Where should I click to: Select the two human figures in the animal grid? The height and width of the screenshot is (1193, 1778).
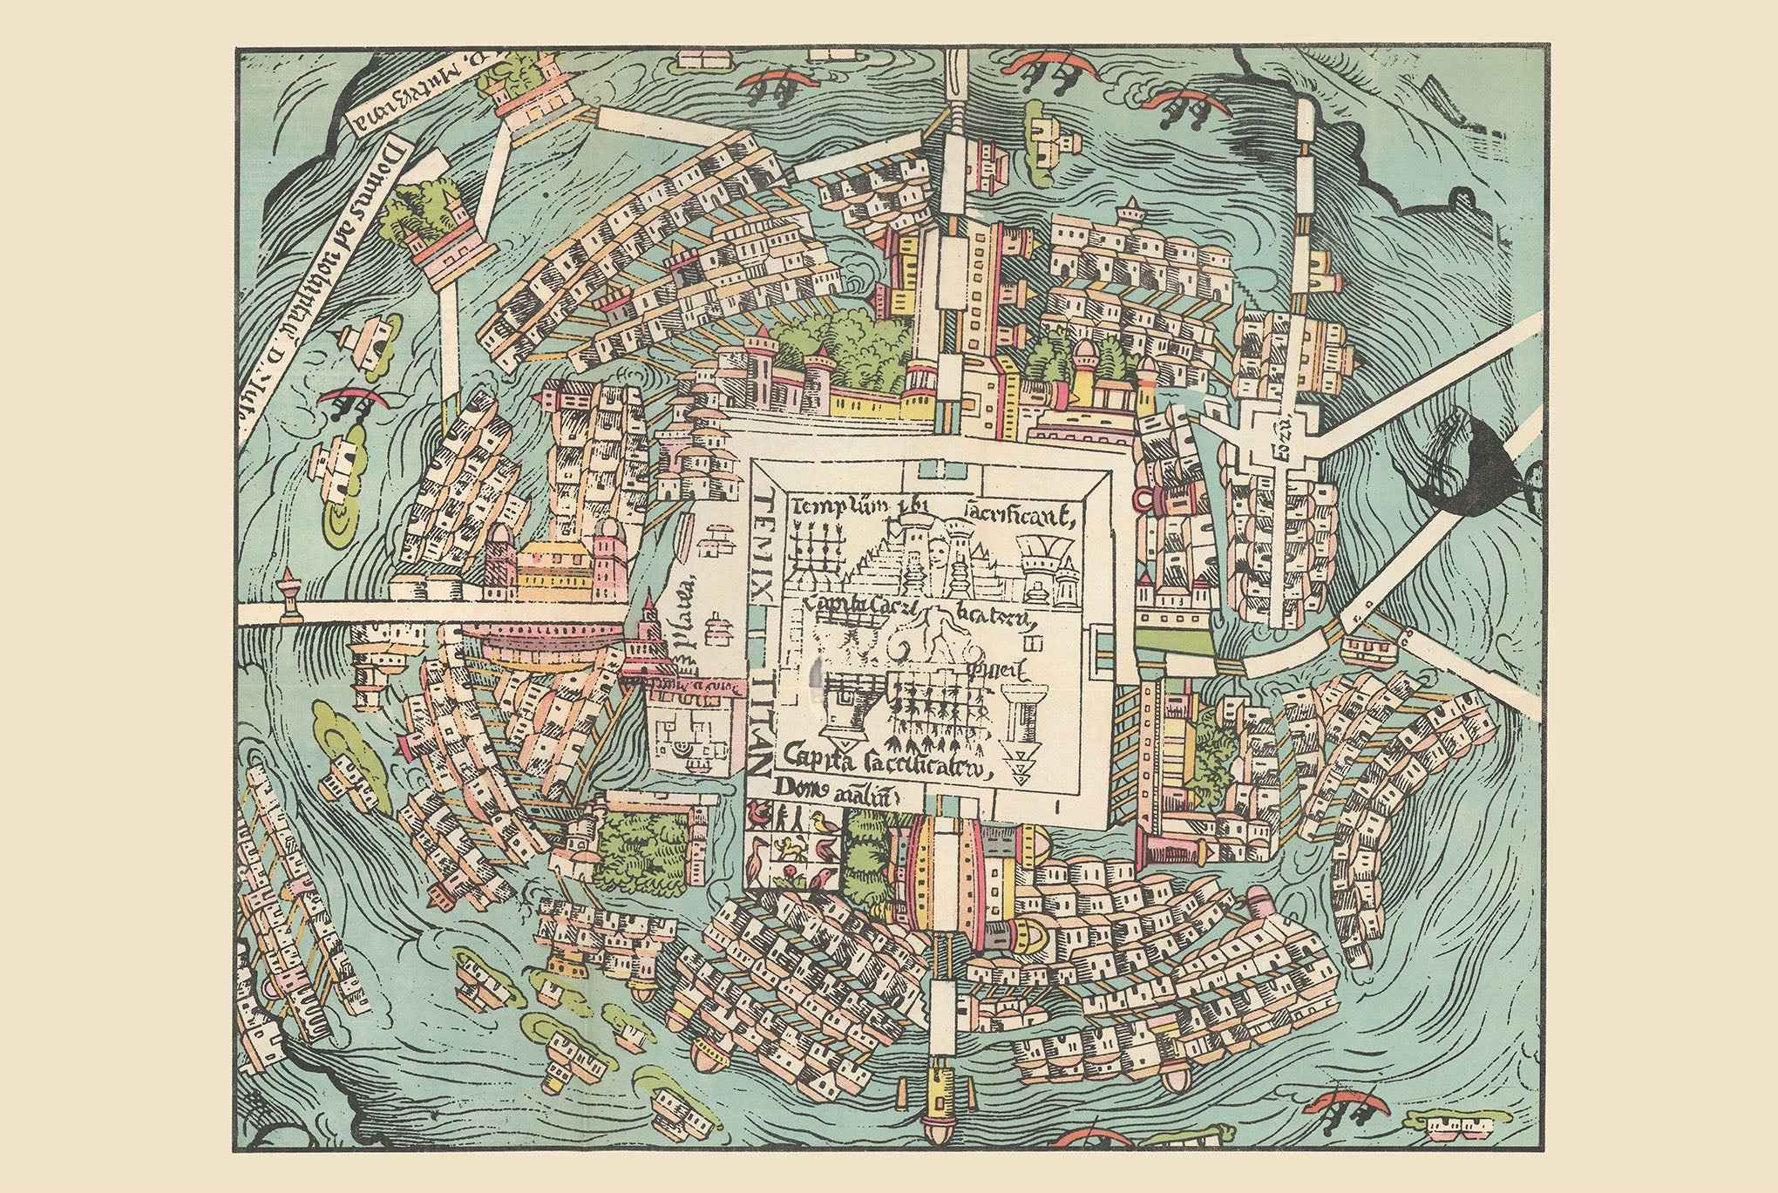coord(791,819)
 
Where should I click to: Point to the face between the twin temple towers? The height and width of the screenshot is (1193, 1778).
coord(938,553)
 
